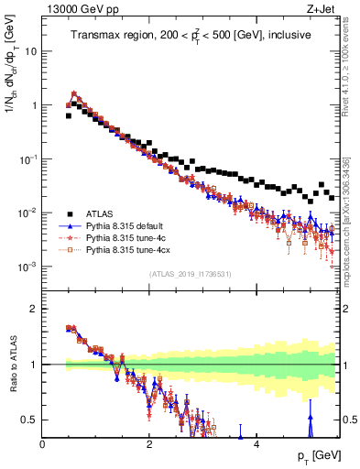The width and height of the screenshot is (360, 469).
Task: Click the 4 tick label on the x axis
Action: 256,443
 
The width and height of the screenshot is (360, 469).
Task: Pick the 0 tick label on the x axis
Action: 43,443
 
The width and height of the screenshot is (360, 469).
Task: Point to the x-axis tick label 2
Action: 149,443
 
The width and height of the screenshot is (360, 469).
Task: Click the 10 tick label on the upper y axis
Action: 30,51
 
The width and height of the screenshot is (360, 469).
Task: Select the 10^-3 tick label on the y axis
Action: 27,267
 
